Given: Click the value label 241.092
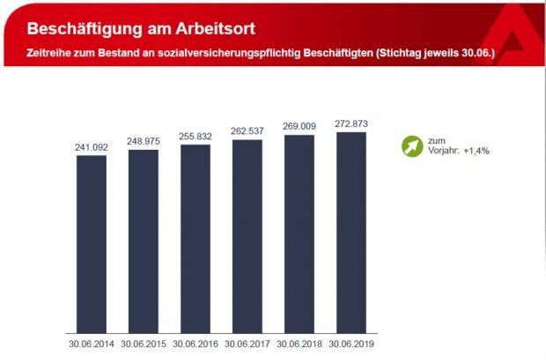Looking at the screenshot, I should point(92,147).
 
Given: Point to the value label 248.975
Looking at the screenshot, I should point(144,142).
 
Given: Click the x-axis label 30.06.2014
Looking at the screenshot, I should point(92,343).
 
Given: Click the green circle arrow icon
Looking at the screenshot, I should point(410,146).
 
